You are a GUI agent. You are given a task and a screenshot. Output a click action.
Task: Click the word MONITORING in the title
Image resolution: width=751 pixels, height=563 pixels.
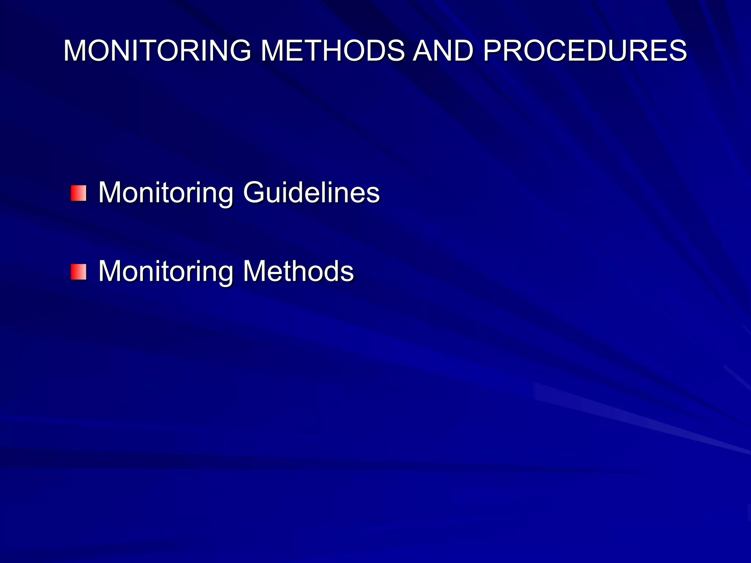(157, 51)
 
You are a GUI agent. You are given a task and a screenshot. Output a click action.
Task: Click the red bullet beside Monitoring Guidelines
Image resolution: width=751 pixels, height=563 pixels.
(79, 193)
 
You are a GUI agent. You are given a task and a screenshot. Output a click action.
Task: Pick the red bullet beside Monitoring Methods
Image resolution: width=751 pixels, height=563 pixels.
(79, 272)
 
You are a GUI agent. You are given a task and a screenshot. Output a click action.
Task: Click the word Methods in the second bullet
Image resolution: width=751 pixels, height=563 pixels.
(298, 271)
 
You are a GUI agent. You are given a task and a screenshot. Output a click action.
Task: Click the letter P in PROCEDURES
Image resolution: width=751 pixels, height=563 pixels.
(492, 51)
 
